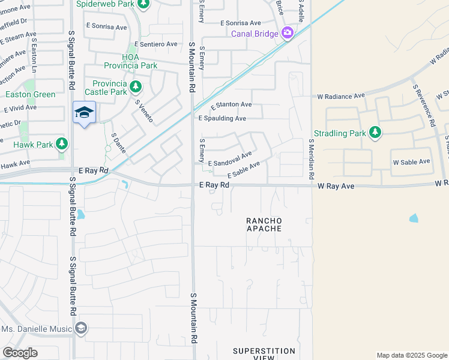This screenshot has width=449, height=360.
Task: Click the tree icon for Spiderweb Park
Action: (143, 4)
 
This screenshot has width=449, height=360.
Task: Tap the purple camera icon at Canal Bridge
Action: (288, 32)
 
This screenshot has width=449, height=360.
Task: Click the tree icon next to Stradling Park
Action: (375, 132)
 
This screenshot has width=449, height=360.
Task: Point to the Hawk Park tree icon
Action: (62, 143)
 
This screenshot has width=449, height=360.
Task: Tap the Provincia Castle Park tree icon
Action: (136, 88)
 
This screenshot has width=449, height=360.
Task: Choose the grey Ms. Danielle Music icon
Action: (81, 328)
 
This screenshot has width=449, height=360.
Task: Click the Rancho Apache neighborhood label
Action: (264, 225)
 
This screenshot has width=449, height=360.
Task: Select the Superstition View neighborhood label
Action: (264, 354)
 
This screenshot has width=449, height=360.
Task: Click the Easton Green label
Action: (30, 94)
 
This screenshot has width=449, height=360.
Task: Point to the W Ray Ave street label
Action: (336, 187)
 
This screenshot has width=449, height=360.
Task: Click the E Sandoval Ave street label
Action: (230, 159)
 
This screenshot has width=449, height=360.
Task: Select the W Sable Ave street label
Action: (411, 162)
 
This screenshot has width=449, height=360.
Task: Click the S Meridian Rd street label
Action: (312, 160)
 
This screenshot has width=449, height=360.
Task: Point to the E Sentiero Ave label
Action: (156, 44)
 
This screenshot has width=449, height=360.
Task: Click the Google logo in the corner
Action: (20, 353)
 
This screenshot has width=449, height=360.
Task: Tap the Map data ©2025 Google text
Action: (411, 355)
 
